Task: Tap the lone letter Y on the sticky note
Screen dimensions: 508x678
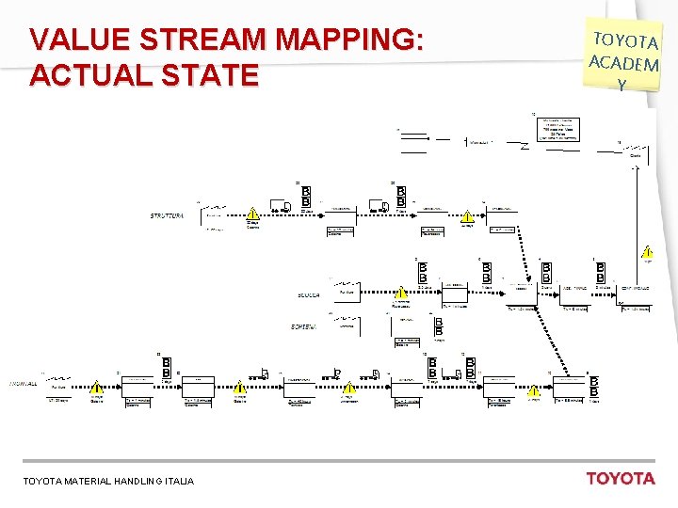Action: (621, 84)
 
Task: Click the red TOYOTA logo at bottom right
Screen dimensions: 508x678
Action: (620, 478)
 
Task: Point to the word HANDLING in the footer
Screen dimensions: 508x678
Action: (143, 481)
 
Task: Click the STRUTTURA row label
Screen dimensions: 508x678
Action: (167, 216)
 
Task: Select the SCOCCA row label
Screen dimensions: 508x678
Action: (308, 295)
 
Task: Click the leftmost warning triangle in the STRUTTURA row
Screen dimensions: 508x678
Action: (252, 214)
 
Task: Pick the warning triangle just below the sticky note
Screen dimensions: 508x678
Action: (647, 253)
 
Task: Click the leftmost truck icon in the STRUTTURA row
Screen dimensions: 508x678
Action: (280, 207)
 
